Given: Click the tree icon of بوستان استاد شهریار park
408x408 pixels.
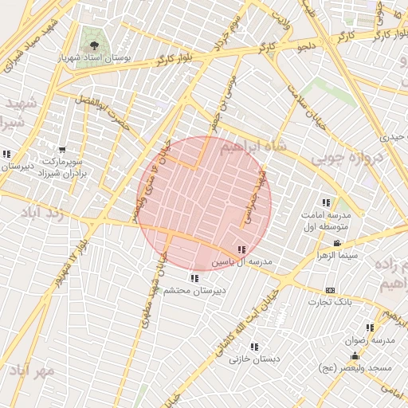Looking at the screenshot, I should (x=95, y=45).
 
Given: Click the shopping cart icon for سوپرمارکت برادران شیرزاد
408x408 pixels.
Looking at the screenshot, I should (x=62, y=150).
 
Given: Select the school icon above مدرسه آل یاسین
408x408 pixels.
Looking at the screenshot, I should (x=241, y=250).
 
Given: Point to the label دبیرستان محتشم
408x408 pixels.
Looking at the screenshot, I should (x=195, y=291).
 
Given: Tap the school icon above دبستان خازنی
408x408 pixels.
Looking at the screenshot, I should (x=254, y=347).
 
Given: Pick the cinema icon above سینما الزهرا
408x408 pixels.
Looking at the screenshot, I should (x=338, y=243).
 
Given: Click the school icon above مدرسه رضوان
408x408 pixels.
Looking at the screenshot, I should (x=369, y=328).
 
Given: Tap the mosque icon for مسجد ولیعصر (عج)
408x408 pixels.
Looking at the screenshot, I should (x=355, y=355).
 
